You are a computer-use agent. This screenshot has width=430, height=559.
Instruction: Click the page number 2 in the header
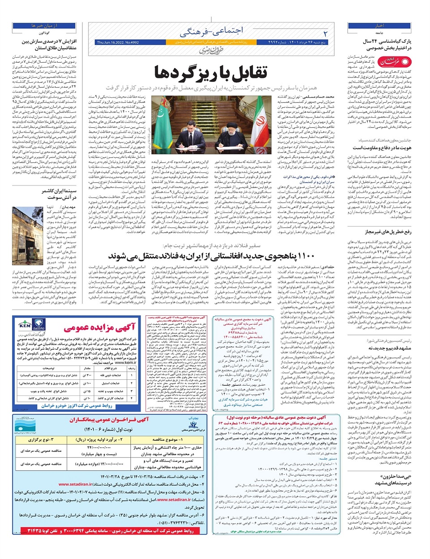tap(326, 34)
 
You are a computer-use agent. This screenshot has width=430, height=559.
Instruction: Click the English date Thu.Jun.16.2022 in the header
tap(117, 42)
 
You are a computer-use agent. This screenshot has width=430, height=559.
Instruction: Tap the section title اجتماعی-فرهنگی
tap(211, 31)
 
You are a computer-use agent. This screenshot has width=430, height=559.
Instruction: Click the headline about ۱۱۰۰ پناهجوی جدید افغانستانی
tap(211, 256)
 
